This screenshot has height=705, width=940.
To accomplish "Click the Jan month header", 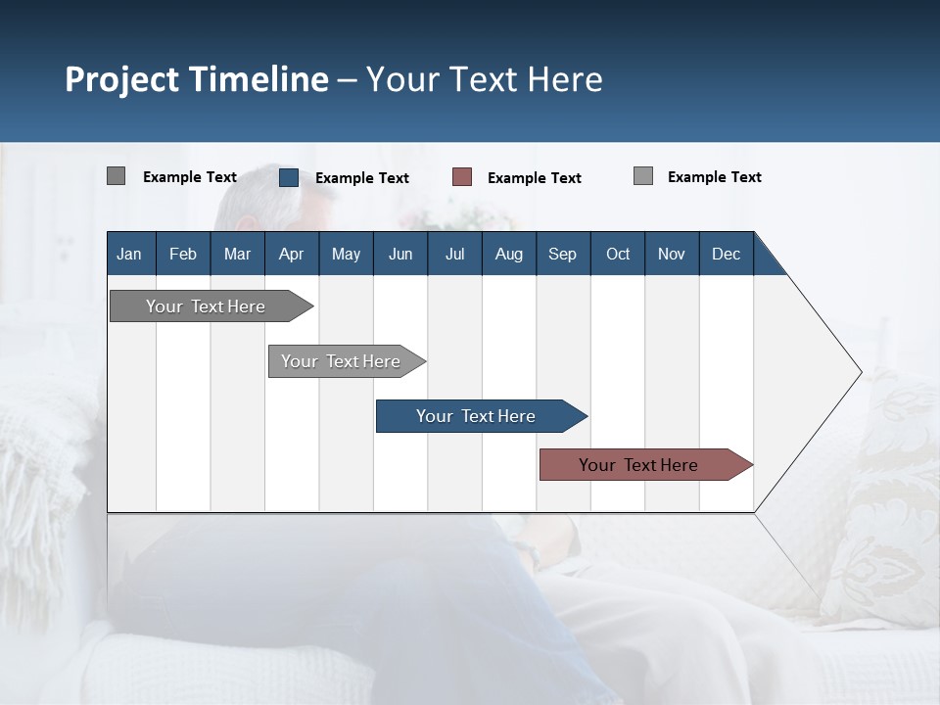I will (129, 254).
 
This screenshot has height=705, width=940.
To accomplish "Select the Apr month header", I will (291, 254).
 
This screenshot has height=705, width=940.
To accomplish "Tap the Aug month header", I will (508, 254).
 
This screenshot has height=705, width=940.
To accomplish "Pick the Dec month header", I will (726, 254).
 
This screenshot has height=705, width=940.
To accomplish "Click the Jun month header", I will (399, 254).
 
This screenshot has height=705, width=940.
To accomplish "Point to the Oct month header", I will (617, 254).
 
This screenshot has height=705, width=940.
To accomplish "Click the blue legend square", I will (289, 177).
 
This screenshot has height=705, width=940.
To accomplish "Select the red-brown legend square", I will (462, 177).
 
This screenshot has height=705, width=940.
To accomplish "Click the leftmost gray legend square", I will (116, 176).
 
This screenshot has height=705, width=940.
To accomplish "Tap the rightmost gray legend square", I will (643, 176).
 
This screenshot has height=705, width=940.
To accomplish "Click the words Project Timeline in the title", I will (196, 79).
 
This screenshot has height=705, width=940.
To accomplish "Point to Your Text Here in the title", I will (484, 79).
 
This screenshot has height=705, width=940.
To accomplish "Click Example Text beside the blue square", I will (361, 178).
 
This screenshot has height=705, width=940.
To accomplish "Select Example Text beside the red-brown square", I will (534, 178).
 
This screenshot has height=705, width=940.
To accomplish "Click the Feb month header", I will (183, 254).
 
